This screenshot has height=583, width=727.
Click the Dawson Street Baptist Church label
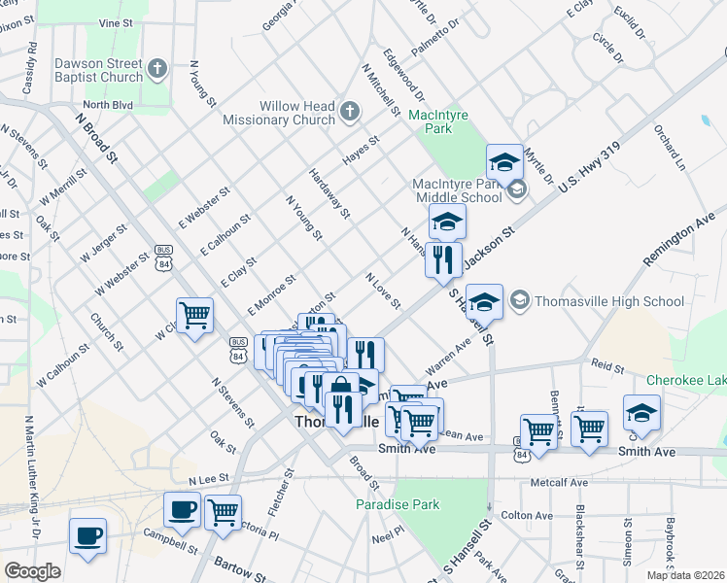coord(98,70)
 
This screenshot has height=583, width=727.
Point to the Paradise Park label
coord(397,504)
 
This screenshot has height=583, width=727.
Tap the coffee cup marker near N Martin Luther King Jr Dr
coord(87,535)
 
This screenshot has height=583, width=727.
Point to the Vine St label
coord(115,21)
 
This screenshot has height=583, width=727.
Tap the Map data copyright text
coord(685,575)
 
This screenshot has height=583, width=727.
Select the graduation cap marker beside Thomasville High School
coord(484,300)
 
